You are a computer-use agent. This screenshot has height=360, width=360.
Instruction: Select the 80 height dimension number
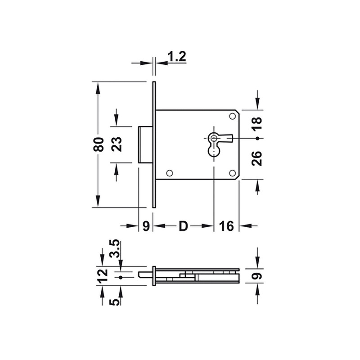point(99,144)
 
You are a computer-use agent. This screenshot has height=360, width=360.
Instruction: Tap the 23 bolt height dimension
point(117,144)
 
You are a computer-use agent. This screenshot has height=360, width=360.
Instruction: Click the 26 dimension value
point(256,158)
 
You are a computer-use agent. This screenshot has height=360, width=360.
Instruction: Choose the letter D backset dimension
point(184,226)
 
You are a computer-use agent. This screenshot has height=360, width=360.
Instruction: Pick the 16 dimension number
point(226,226)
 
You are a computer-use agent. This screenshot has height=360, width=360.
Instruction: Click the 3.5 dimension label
point(114,249)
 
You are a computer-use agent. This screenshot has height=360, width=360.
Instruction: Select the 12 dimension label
point(102,275)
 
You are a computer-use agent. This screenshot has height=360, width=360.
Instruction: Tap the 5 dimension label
point(114,301)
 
